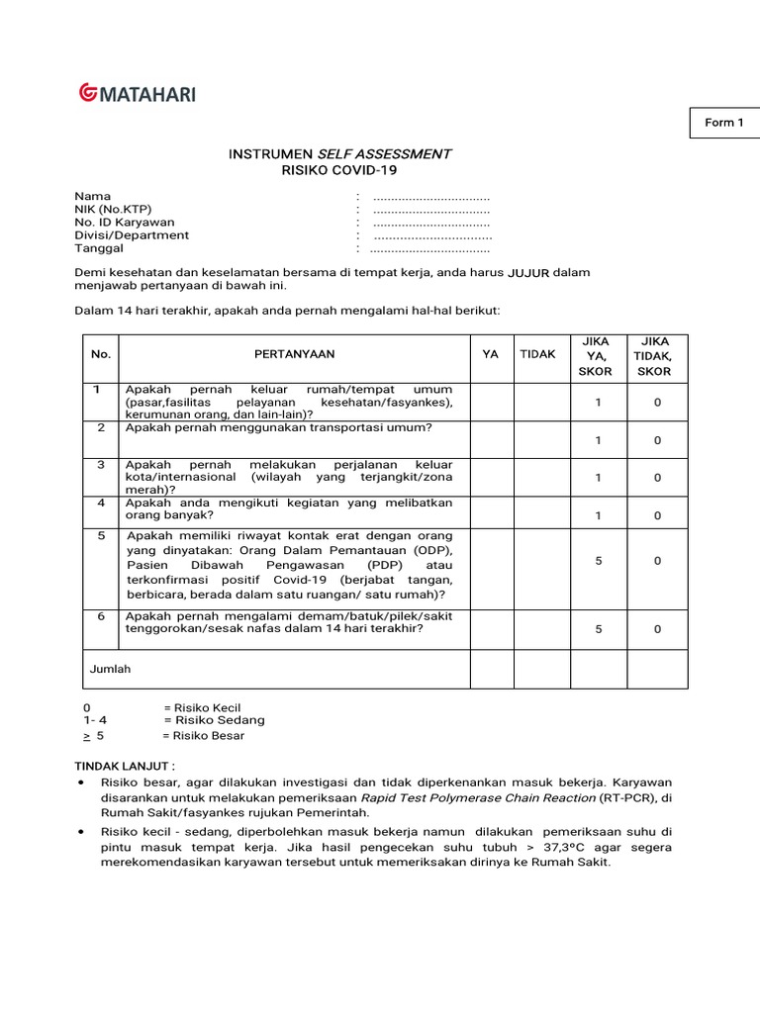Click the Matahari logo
click(137, 94)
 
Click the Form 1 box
click(723, 123)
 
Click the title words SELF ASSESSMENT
click(384, 154)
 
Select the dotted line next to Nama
click(431, 197)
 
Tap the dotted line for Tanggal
click(429, 249)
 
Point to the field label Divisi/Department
click(132, 235)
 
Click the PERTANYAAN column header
click(294, 354)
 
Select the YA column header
click(490, 354)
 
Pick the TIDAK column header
click(538, 354)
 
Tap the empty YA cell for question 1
click(490, 402)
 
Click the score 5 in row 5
click(598, 561)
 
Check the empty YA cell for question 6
click(490, 629)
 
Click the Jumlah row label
click(110, 669)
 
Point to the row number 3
click(100, 464)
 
